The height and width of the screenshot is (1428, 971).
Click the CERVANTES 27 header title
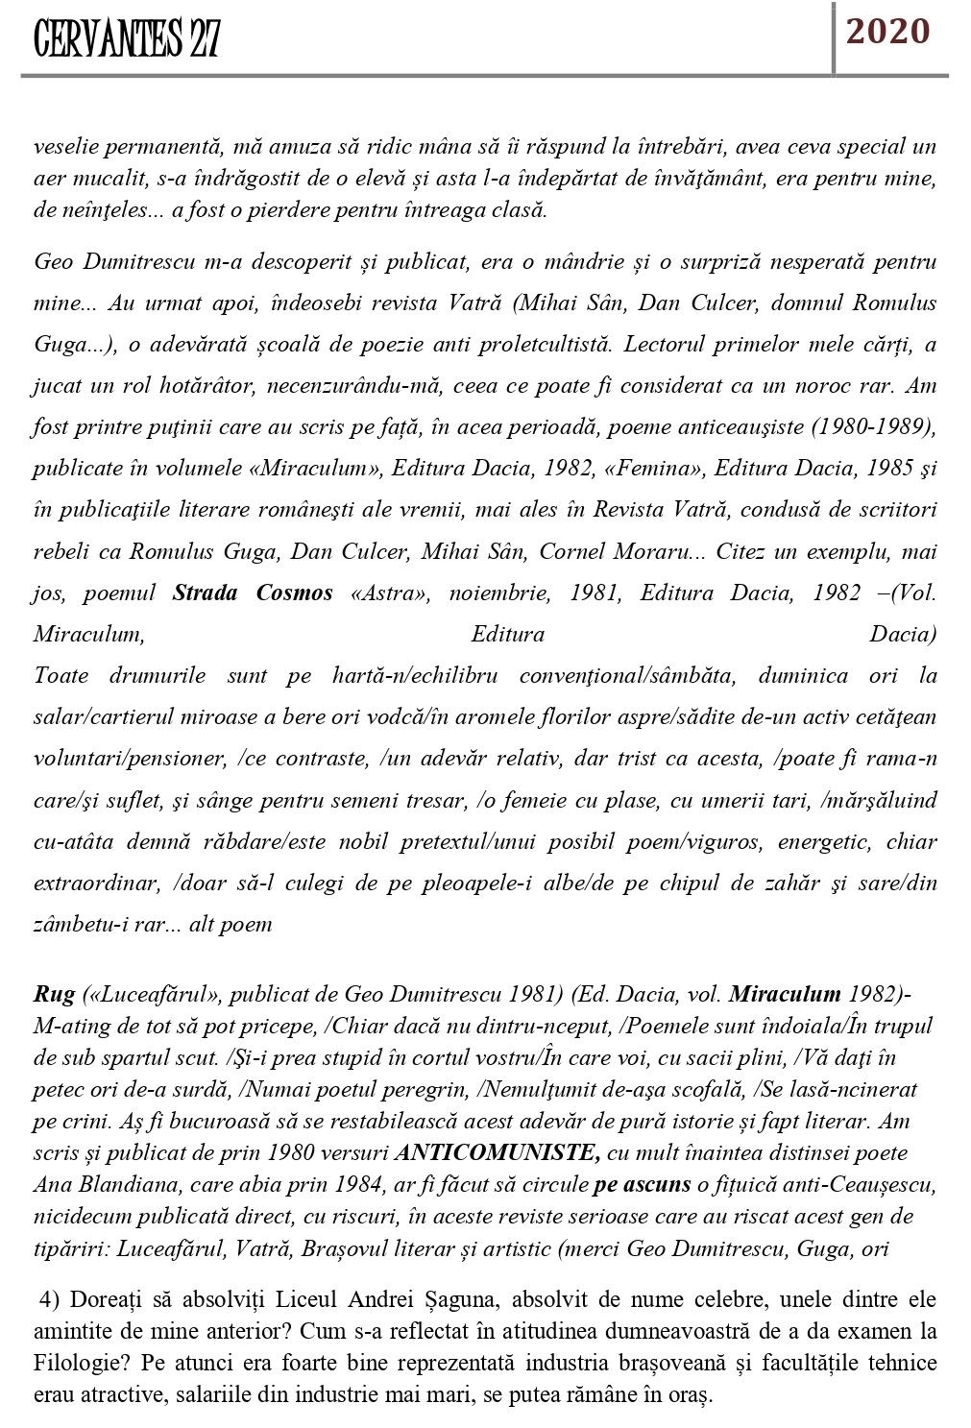(x=126, y=41)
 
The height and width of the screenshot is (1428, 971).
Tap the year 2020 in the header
(x=887, y=33)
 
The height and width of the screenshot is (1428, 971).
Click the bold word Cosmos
(x=294, y=593)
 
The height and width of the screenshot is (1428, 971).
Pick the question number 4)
(x=50, y=1301)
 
